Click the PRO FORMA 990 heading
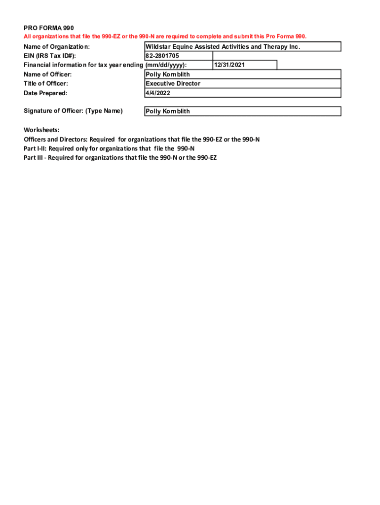[49, 28]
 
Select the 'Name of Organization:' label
[57, 47]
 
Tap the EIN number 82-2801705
[162, 56]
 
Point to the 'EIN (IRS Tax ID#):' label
[50, 56]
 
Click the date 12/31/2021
[229, 65]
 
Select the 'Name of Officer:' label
[48, 74]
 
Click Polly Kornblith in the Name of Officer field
[168, 74]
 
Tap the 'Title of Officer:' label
[46, 84]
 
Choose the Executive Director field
[173, 84]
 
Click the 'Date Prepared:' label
[45, 93]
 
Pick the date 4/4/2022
[158, 93]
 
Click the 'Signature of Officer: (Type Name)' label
[73, 111]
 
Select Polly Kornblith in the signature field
[168, 111]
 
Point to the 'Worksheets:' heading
[41, 130]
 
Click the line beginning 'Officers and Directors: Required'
[142, 140]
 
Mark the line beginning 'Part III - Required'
[120, 158]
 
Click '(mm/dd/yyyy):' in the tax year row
[166, 65]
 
